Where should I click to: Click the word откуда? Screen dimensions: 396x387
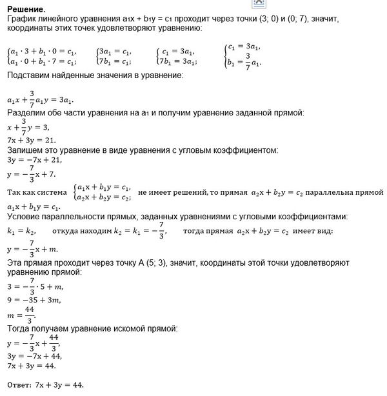pyautogui.click(x=68, y=230)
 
